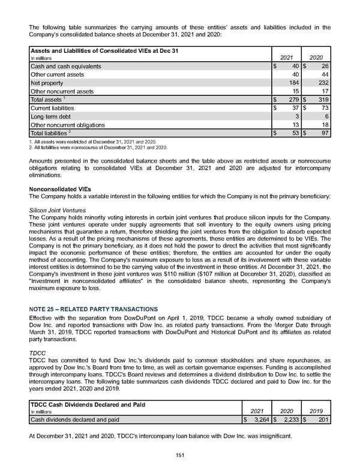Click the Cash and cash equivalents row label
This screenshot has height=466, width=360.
click(x=65, y=66)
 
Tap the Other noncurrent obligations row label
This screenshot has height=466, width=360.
click(x=67, y=125)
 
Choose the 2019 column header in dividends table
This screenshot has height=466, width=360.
click(x=317, y=411)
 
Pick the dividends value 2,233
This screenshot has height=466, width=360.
click(x=289, y=419)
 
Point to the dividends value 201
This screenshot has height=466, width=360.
click(x=322, y=419)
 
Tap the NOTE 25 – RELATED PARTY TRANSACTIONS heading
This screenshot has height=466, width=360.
click(x=93, y=309)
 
